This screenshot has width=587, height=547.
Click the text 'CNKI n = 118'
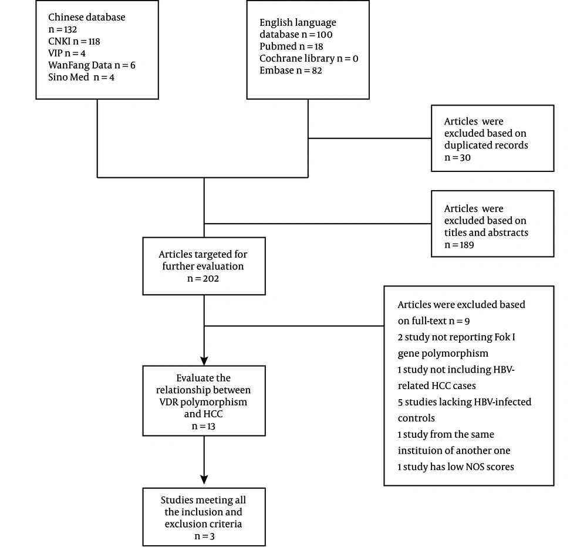[x=74, y=41]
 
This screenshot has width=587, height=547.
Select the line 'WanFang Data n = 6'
[x=92, y=65]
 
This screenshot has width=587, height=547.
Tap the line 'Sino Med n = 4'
[x=81, y=77]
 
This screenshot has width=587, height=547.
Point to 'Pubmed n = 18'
[x=291, y=46]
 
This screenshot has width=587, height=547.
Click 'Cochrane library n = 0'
[x=309, y=59]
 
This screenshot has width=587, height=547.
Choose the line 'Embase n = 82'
[x=291, y=70]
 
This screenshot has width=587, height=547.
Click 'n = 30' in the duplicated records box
[x=457, y=158]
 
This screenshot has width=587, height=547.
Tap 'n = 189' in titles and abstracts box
[x=460, y=245]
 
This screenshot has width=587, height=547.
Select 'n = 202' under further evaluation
[x=203, y=279]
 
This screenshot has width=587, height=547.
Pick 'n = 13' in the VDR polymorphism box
[x=203, y=426]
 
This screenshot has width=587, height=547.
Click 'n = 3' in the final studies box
[x=204, y=536]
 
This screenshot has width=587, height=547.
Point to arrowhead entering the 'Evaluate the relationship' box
[x=204, y=361]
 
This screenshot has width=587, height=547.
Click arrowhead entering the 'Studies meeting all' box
[x=204, y=480]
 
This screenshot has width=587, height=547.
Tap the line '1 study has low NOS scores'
[x=456, y=467]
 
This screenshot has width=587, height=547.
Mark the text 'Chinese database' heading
[x=86, y=17]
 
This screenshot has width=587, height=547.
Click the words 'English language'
[x=298, y=22]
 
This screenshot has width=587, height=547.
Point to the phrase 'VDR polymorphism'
[x=203, y=402]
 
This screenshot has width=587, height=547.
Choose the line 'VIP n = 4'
[x=67, y=53]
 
